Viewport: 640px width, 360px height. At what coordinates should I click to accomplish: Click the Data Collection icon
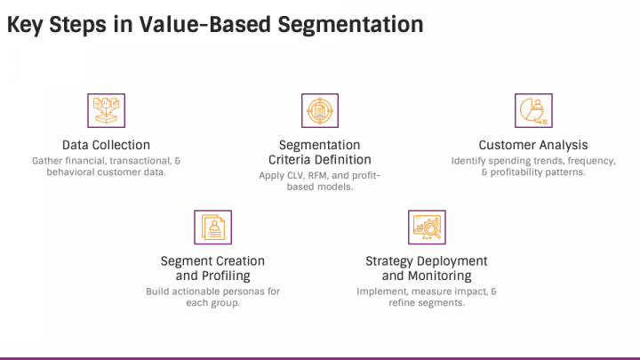point(106,110)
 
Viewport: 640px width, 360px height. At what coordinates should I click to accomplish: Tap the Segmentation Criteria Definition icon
point(320,110)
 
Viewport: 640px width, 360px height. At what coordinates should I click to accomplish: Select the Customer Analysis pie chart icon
point(533,110)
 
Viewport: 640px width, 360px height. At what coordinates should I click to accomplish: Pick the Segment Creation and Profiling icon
point(212,228)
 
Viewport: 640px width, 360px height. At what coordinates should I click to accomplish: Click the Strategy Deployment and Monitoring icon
point(427,228)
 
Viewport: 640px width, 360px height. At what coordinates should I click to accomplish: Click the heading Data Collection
point(106,145)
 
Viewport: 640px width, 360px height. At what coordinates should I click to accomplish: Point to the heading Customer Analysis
point(533,145)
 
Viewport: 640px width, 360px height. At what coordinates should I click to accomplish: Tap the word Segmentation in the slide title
point(350,25)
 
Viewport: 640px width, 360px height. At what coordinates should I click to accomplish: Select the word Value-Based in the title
point(205,24)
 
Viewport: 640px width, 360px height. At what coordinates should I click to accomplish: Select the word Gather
point(47,161)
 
